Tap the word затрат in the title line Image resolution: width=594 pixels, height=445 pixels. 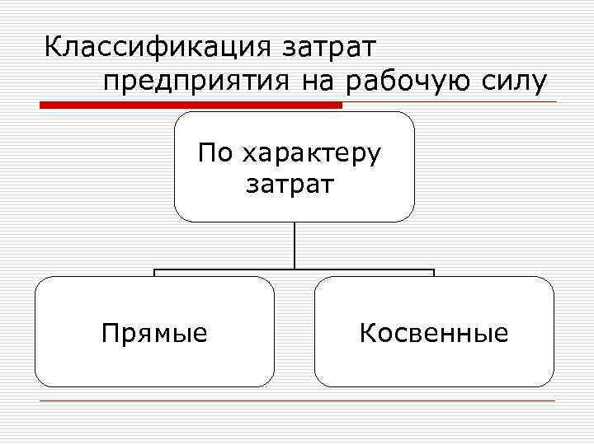point(330,47)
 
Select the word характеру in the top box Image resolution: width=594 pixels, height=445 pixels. point(313,154)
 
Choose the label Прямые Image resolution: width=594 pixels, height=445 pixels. point(154,334)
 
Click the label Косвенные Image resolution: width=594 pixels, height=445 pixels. point(434,333)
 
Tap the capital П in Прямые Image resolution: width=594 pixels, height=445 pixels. point(109,333)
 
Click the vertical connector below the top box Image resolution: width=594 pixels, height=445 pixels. point(295,246)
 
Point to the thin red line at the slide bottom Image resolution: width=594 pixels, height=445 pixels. point(297,401)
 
